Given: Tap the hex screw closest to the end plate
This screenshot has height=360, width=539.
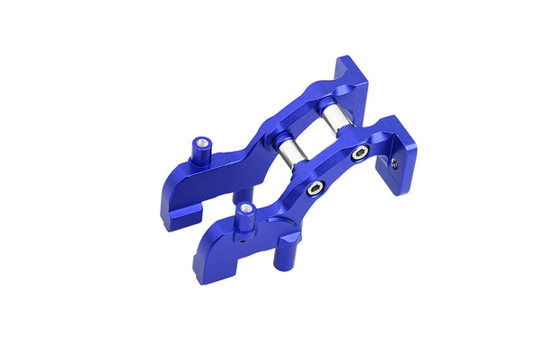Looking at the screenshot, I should [x=359, y=154].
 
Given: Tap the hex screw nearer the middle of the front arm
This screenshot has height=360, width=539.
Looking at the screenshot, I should [x=314, y=189].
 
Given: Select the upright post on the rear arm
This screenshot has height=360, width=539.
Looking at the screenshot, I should [x=199, y=150].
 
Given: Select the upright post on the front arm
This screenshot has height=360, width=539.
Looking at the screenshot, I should [x=243, y=217].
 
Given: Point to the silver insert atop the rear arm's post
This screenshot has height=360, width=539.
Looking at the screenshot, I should [x=201, y=140].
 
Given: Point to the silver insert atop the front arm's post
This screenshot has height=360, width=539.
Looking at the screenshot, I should [x=244, y=207].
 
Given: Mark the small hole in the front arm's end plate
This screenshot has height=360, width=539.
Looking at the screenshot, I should [x=393, y=163].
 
